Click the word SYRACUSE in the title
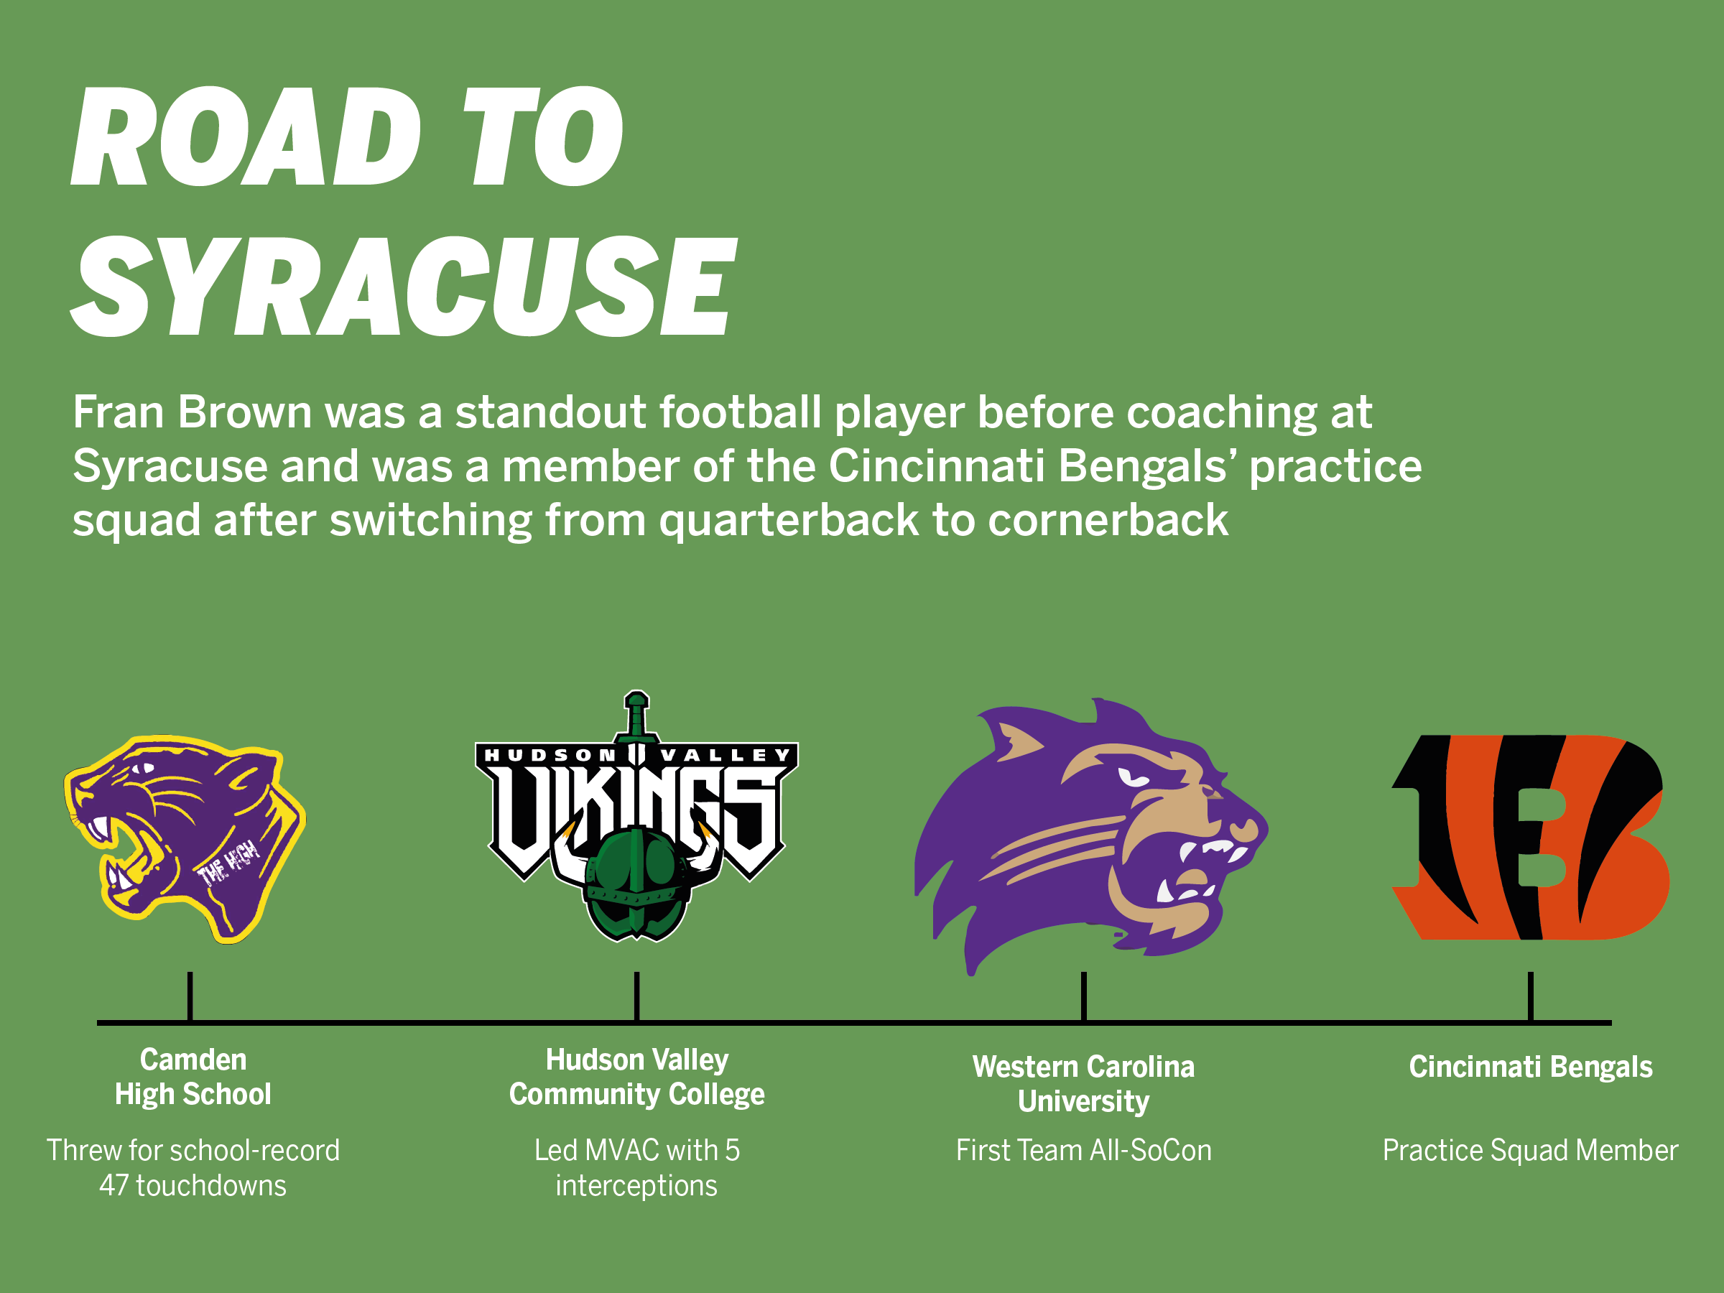(x=403, y=286)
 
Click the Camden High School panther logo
(x=185, y=838)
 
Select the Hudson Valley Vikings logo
(x=636, y=816)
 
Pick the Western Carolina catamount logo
(x=1091, y=836)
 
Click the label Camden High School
(x=193, y=1077)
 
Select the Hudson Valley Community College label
(x=636, y=1077)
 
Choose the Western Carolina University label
(x=1083, y=1084)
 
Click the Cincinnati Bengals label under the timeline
(x=1531, y=1067)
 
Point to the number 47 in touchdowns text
(x=113, y=1185)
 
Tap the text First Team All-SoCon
(x=1083, y=1150)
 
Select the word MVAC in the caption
(x=621, y=1150)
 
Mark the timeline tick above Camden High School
(x=190, y=996)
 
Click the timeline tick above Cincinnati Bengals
(x=1531, y=996)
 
